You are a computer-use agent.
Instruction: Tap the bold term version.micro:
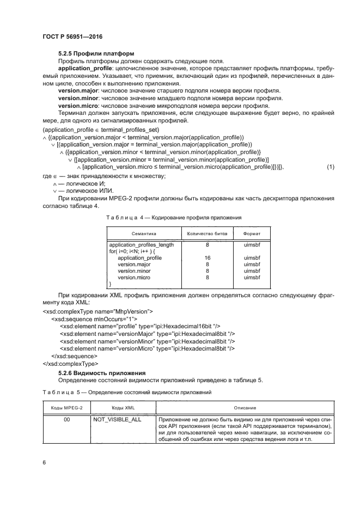pyautogui.click(x=77, y=106)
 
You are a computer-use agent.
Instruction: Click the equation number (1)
pyautogui.click(x=330, y=167)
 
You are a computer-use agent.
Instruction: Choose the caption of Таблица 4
pyautogui.click(x=173, y=217)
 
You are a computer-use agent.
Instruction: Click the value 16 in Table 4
pyautogui.click(x=208, y=258)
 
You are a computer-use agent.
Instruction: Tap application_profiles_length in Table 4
pyautogui.click(x=142, y=245)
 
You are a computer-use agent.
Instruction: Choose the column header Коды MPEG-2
pyautogui.click(x=67, y=408)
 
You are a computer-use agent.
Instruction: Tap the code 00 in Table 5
pyautogui.click(x=67, y=420)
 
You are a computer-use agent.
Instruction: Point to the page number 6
pyautogui.click(x=44, y=462)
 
